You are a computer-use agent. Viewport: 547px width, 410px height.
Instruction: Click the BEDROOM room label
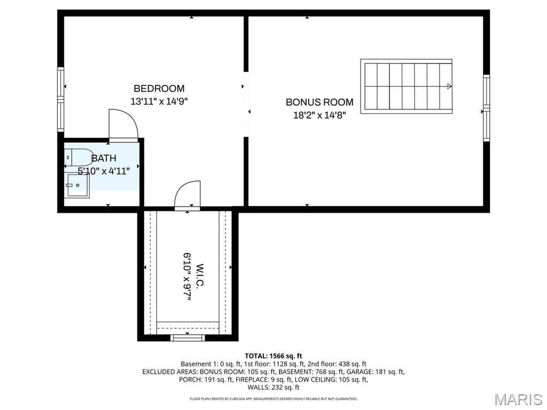pyautogui.click(x=159, y=89)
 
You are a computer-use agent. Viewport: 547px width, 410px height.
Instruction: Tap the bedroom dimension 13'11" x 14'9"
pyautogui.click(x=159, y=101)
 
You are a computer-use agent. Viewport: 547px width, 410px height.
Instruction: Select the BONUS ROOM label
pyautogui.click(x=319, y=102)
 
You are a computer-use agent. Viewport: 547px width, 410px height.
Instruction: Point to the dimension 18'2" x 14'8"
pyautogui.click(x=319, y=115)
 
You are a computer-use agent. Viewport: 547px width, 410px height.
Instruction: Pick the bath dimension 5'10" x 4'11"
pyautogui.click(x=104, y=171)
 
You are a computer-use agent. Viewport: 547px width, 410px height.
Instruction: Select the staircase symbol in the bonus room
pyautogui.click(x=406, y=86)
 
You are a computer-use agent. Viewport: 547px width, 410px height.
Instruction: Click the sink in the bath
pyautogui.click(x=77, y=185)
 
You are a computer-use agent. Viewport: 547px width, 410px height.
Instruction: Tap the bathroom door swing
pyautogui.click(x=123, y=124)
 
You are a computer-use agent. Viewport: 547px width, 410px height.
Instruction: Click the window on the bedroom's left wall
pyautogui.click(x=61, y=100)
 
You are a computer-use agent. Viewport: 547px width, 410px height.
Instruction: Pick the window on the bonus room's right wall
pyautogui.click(x=486, y=108)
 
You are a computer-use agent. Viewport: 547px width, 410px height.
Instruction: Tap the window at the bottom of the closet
pyautogui.click(x=187, y=337)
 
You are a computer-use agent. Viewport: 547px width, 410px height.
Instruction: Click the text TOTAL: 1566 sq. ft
pyautogui.click(x=273, y=356)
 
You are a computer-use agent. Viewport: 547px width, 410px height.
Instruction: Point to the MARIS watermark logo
pyautogui.click(x=518, y=399)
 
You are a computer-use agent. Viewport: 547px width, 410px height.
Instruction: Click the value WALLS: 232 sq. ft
pyautogui.click(x=273, y=388)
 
